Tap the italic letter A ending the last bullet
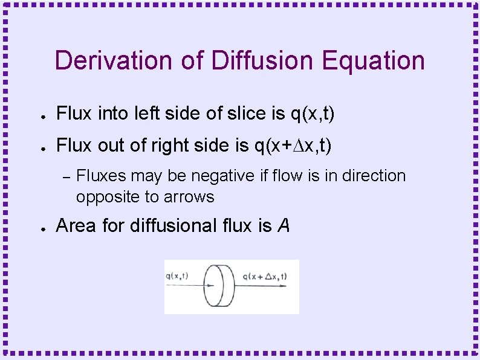[x=284, y=226]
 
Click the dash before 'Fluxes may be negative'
[x=67, y=176]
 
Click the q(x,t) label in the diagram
[x=177, y=276]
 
